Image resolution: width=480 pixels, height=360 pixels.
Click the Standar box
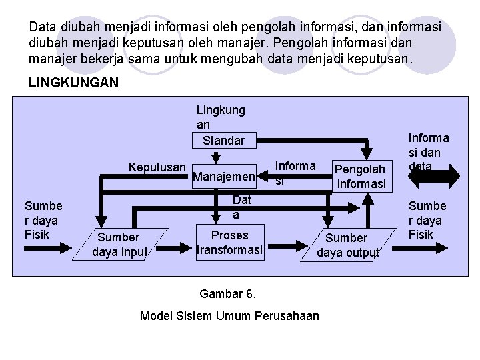pyautogui.click(x=223, y=141)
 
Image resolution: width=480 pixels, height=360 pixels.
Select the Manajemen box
pyautogui.click(x=223, y=177)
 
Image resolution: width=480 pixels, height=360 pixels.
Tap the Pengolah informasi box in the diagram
pyautogui.click(x=360, y=177)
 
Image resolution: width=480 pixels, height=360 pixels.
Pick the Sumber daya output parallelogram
pyautogui.click(x=347, y=245)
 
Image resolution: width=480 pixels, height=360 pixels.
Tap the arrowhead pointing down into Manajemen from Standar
pyautogui.click(x=215, y=159)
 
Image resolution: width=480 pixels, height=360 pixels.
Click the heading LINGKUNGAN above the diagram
pyautogui.click(x=74, y=83)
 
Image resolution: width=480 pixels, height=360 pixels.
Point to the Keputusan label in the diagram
pyautogui.click(x=157, y=166)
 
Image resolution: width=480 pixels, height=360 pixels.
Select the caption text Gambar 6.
pyautogui.click(x=228, y=294)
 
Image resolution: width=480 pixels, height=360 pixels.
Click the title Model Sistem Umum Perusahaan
pyautogui.click(x=229, y=315)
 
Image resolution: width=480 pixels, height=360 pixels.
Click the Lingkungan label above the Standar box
pyautogui.click(x=221, y=117)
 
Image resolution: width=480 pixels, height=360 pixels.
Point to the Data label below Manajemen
pyautogui.click(x=241, y=207)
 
